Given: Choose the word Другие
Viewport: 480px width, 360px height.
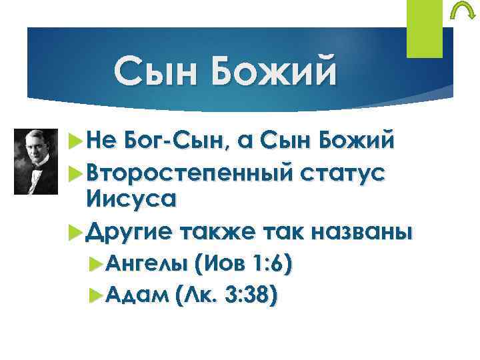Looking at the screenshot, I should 126,232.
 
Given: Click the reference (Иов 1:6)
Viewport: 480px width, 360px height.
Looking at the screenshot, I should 242,265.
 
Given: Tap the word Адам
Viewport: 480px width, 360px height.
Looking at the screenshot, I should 135,293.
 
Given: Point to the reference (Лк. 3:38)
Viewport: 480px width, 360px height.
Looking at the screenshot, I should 225,293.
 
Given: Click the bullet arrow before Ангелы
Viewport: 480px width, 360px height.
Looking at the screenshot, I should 94,265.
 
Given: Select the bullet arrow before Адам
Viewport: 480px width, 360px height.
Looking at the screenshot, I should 94,293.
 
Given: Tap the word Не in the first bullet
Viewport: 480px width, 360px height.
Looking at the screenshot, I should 101,142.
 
